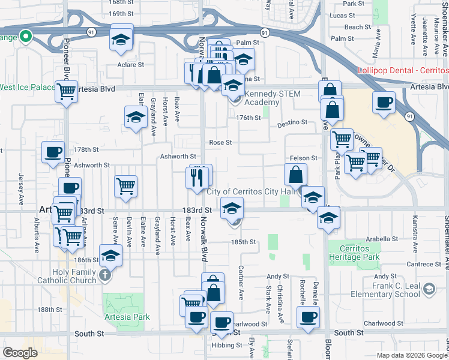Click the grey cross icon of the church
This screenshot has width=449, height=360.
105,275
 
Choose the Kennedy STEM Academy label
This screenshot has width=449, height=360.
254,98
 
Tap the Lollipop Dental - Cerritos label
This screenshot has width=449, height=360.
403,70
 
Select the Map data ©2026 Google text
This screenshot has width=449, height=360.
411,355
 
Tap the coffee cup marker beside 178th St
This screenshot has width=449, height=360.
53,152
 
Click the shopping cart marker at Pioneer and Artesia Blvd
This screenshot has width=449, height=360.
67,92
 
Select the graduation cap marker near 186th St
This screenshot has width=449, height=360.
110,256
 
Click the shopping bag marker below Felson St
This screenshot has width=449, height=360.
296,175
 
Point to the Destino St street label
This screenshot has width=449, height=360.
292,122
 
